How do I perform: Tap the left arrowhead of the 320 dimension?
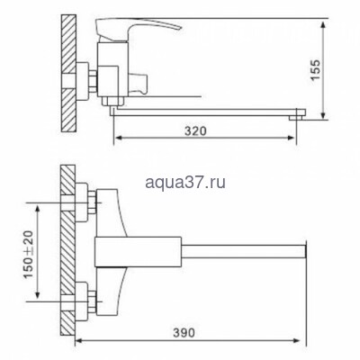click(x=116, y=140)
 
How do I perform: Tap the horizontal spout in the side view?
click(x=207, y=111)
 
